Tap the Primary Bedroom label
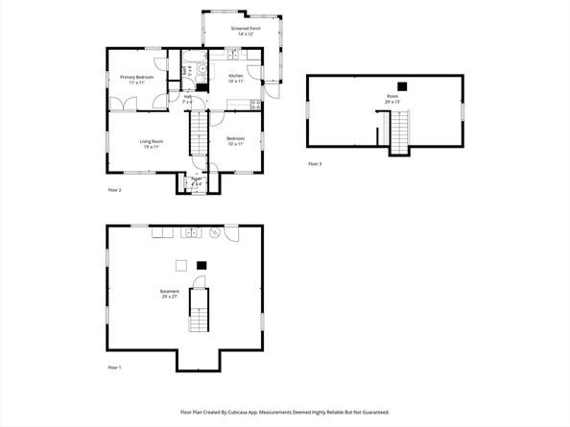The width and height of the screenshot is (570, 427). [136, 79]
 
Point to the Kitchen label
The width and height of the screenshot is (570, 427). [236, 78]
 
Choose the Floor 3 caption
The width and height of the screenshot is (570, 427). [315, 164]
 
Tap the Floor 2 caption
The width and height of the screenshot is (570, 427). [115, 190]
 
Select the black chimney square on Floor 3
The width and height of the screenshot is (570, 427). [402, 85]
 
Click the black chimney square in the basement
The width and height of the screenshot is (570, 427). [202, 265]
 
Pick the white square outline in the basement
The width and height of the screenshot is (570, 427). [179, 265]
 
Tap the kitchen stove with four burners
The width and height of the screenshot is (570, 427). [254, 104]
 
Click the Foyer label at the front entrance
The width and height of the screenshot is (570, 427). [197, 180]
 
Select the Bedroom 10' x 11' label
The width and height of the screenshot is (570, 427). [235, 141]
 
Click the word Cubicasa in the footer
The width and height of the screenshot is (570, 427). [251, 412]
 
